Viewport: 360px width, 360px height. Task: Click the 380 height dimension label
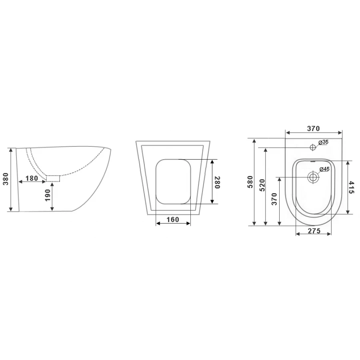point(6,179)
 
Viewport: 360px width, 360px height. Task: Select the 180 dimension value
point(32,178)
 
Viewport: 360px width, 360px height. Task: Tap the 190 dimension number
point(48,195)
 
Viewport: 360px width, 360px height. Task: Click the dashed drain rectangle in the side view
point(53,178)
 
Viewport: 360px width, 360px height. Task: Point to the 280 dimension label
point(217,182)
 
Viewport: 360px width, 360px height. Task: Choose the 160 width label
point(173,220)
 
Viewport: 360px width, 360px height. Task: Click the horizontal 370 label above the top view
point(313,128)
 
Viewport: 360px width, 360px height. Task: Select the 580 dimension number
point(250,182)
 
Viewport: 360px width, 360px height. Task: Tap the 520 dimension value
point(262,185)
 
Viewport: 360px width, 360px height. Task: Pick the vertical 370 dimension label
point(274,199)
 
